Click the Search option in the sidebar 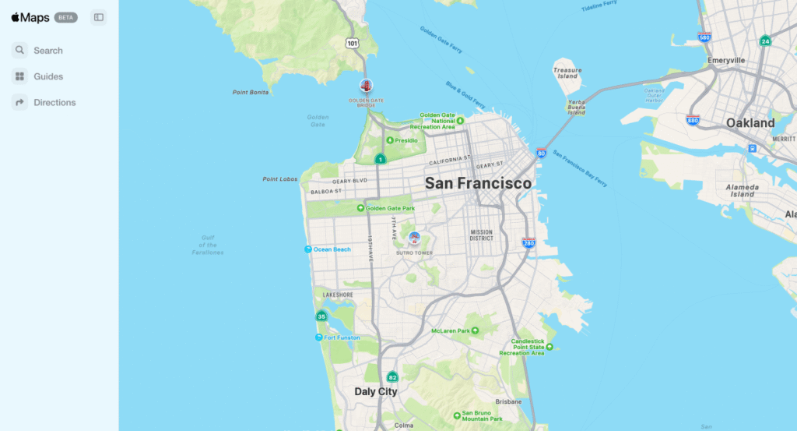(x=47, y=51)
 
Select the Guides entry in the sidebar (x=47, y=76)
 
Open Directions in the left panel (x=54, y=102)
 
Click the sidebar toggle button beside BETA (x=98, y=17)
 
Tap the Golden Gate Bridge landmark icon (x=365, y=85)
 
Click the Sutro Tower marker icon (x=414, y=238)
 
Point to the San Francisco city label (x=478, y=183)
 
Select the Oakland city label (x=750, y=123)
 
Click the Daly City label (x=376, y=391)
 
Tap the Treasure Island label (x=567, y=73)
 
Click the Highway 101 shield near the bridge (x=353, y=44)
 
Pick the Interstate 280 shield (x=528, y=243)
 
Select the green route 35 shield (x=321, y=316)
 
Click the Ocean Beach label (x=332, y=249)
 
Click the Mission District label (x=481, y=235)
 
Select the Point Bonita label (x=251, y=92)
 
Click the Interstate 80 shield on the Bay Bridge (x=541, y=154)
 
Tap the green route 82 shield (x=392, y=377)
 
